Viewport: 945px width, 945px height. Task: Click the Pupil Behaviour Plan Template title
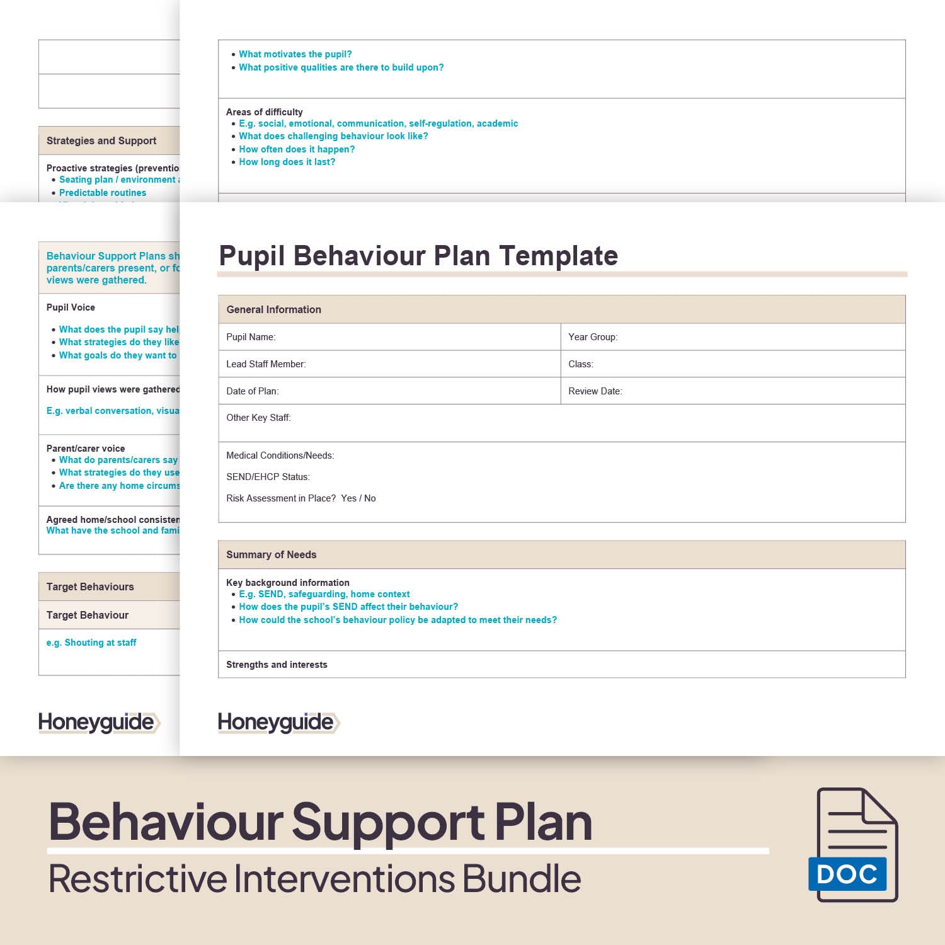click(418, 256)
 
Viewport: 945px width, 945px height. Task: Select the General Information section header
click(273, 309)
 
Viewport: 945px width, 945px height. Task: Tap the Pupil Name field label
click(251, 337)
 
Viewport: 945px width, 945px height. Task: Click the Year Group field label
click(592, 337)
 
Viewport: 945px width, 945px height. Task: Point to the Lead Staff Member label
click(266, 364)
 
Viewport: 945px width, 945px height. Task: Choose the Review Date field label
click(595, 391)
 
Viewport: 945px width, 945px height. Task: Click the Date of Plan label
click(252, 391)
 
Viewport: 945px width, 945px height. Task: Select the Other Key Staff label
click(258, 418)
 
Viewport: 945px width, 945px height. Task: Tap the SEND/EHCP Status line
click(268, 477)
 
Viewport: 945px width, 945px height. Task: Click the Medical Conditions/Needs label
click(280, 455)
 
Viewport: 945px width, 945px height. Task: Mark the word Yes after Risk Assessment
click(348, 498)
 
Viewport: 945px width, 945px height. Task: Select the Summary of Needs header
click(271, 554)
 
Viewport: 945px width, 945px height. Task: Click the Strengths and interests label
click(277, 665)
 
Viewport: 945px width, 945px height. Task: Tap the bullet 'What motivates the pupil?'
click(295, 54)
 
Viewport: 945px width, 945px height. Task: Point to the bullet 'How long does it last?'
click(287, 162)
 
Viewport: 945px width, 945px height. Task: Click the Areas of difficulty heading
click(264, 112)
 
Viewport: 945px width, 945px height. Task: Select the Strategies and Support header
click(101, 140)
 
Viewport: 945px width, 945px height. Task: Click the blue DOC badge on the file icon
click(847, 874)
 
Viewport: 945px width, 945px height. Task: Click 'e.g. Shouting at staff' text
click(91, 643)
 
